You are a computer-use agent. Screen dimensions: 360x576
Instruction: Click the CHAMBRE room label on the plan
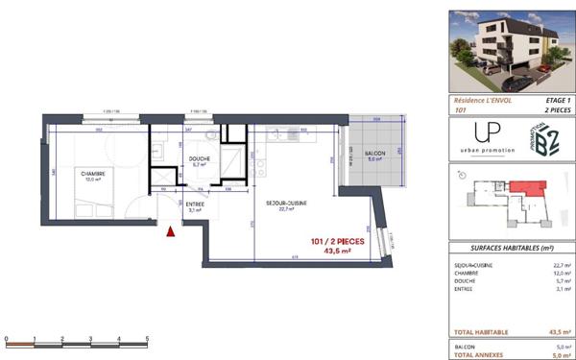(93, 175)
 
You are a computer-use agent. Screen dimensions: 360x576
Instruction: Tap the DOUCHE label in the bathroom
(200, 161)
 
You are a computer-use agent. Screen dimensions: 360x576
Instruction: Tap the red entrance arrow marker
(172, 230)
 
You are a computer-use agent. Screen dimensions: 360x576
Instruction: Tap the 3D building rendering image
(511, 46)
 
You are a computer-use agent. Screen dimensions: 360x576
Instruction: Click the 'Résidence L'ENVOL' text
(483, 100)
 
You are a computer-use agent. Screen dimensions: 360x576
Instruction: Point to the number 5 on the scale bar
(147, 338)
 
